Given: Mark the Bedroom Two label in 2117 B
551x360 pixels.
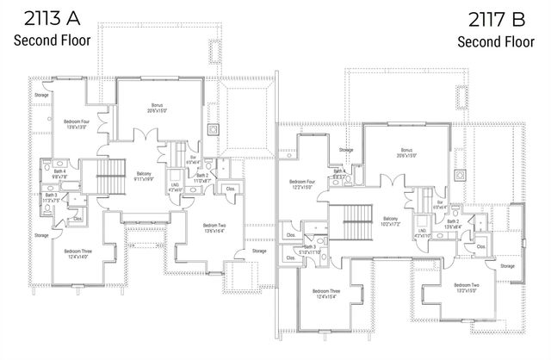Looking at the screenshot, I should tap(464, 286).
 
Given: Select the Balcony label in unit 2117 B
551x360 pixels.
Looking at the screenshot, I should tap(390, 220).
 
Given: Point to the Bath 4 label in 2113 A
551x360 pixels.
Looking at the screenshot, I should tap(59, 173).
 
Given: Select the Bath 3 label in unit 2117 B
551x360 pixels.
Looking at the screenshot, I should tap(309, 248).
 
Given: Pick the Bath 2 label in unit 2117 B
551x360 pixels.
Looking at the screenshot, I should tap(453, 223).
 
